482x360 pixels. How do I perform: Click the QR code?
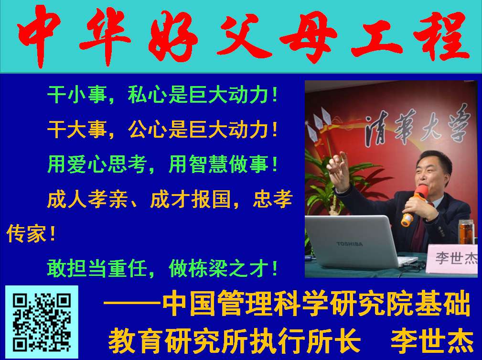(x=42, y=322)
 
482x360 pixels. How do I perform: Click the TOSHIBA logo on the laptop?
(x=350, y=244)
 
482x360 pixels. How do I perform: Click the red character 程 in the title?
(x=442, y=36)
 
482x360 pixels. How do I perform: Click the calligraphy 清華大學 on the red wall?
(x=418, y=127)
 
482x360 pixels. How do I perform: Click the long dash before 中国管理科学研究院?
(x=132, y=303)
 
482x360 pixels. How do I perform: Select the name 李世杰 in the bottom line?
(x=431, y=340)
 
